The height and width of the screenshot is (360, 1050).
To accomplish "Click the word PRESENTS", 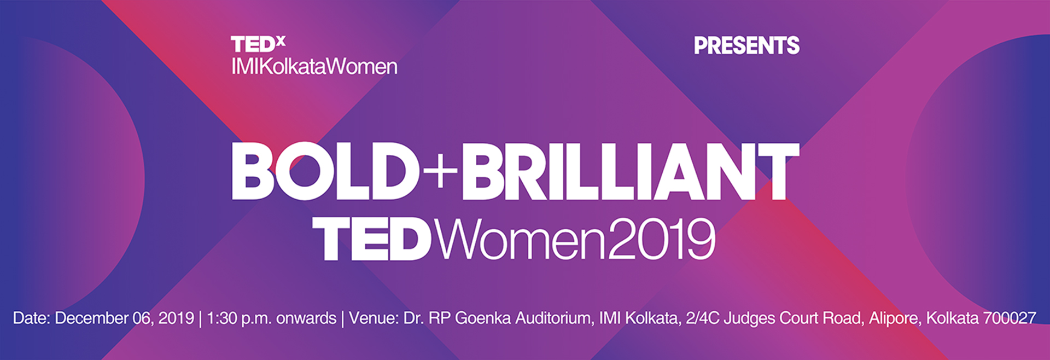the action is coord(746,45).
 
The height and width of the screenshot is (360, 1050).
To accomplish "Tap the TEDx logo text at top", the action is coord(258,44).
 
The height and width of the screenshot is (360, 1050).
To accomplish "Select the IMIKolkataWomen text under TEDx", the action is coord(314,67).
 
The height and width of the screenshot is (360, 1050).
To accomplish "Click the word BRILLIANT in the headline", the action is coord(631,171).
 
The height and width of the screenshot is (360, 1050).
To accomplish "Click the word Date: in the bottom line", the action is coord(32,318).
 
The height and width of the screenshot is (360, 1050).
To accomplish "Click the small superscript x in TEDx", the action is coord(281,40).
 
